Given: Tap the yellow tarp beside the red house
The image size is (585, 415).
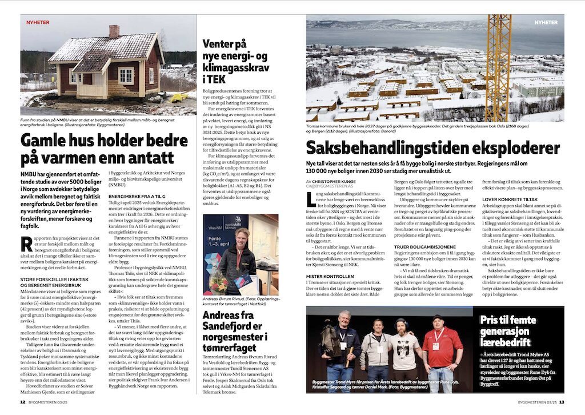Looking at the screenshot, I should point(176,98).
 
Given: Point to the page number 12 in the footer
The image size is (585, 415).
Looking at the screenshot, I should point(23,401).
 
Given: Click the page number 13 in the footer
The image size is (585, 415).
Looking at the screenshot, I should point(562,401).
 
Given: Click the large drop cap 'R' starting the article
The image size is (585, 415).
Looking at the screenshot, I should point(26,242).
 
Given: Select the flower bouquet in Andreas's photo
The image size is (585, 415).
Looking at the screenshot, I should point(218,283).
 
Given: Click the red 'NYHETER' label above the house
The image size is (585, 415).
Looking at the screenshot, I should point(38,22).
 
